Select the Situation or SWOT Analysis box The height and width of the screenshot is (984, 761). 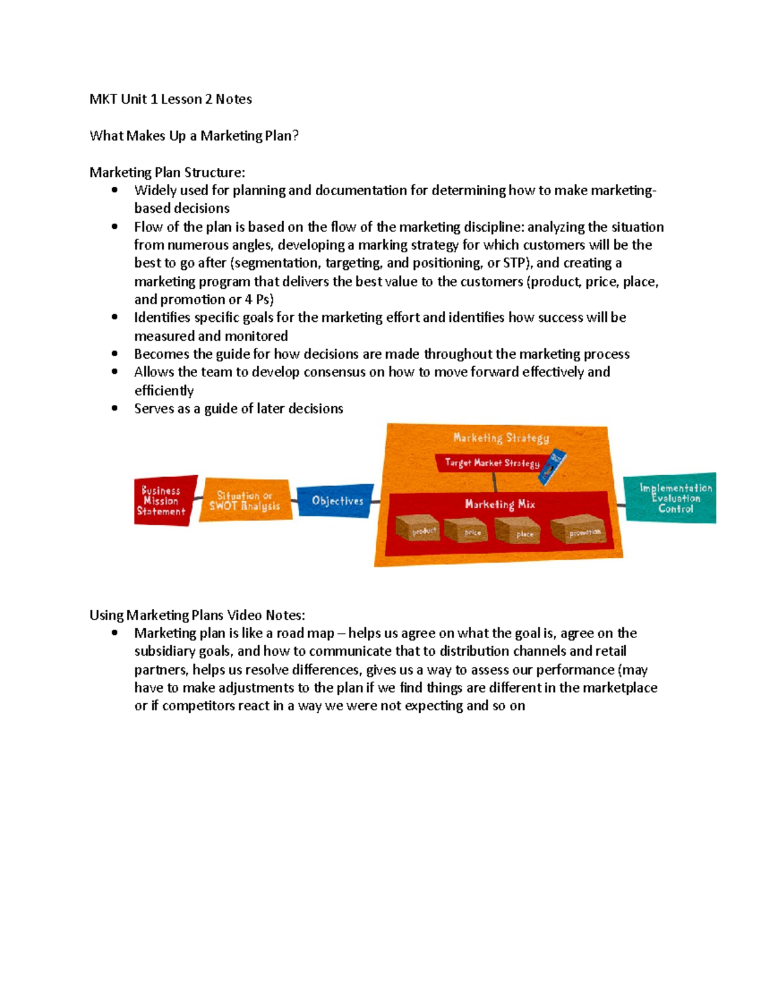point(245,501)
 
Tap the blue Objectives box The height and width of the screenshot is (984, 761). point(336,501)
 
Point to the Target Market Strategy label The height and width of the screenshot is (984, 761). point(491,463)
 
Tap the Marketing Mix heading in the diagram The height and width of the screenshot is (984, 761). point(500,504)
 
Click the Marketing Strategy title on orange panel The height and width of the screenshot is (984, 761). point(501,438)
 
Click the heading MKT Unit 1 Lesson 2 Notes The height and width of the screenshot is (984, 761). point(171,99)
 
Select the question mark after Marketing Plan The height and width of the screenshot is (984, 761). point(295,136)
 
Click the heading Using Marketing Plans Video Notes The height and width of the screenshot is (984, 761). point(197,615)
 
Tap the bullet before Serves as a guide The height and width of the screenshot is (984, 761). point(115,409)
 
